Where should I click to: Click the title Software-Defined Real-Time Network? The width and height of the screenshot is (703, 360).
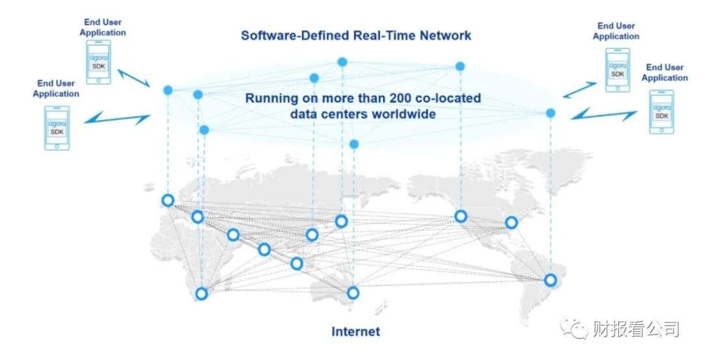click(356, 35)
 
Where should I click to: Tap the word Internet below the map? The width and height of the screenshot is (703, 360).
click(355, 331)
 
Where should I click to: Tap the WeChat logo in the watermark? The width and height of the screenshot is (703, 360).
click(575, 328)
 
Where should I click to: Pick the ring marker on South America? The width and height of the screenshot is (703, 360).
click(551, 280)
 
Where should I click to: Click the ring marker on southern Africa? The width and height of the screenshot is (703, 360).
click(202, 294)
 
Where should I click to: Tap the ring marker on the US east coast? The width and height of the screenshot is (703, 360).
click(512, 223)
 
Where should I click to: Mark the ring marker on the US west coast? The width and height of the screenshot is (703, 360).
click(461, 216)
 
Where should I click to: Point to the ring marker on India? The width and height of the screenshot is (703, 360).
click(264, 249)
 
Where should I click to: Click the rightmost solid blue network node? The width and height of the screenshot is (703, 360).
click(551, 113)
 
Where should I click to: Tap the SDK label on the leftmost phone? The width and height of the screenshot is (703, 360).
click(57, 132)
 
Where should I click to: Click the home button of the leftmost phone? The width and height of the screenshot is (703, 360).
click(57, 146)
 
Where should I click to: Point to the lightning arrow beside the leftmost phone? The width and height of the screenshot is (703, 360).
click(118, 118)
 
